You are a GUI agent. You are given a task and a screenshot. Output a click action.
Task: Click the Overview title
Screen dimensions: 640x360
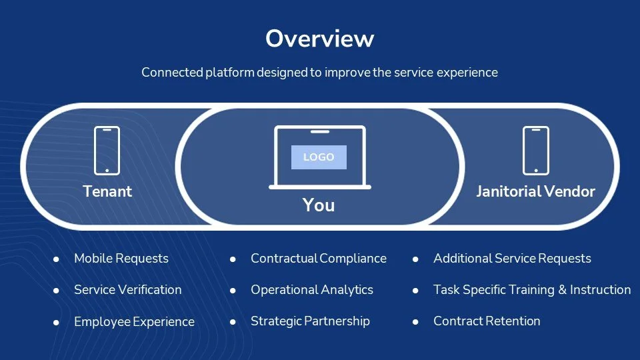[x=319, y=39]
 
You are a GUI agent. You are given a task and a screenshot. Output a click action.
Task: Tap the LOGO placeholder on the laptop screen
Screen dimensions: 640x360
[x=319, y=157]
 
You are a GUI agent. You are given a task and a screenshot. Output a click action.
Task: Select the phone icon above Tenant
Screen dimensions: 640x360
[x=107, y=151]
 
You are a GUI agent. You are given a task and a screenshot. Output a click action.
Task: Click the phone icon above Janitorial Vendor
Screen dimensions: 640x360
[x=535, y=151]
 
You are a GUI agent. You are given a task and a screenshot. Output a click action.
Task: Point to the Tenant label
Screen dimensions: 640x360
[x=107, y=191]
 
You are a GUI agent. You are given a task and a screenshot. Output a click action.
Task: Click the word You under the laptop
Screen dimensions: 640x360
[x=319, y=205]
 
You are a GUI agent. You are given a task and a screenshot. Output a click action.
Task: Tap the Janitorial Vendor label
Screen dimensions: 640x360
[x=535, y=191]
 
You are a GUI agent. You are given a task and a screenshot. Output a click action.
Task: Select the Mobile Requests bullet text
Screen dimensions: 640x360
[x=121, y=258]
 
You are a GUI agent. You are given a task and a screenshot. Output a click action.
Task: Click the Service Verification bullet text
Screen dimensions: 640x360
[x=127, y=289]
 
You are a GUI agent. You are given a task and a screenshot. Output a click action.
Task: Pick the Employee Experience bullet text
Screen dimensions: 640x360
[x=134, y=321]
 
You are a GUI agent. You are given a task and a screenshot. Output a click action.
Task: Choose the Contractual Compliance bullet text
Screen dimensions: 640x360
[x=318, y=258]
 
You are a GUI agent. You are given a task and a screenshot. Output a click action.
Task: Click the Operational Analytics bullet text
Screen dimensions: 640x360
[x=311, y=289]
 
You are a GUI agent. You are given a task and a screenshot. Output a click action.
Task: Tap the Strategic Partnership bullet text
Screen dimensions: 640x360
[x=310, y=321]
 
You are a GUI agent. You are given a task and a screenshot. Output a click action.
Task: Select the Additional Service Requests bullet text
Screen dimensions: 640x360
[x=512, y=258]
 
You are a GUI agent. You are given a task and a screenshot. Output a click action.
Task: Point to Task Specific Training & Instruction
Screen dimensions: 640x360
[x=531, y=289]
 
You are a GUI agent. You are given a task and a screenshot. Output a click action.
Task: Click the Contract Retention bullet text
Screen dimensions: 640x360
[x=487, y=321]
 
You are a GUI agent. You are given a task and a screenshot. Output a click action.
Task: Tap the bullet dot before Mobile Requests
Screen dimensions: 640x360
[x=57, y=259]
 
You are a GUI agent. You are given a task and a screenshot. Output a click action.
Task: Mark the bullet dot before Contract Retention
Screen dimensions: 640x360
[x=415, y=321]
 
